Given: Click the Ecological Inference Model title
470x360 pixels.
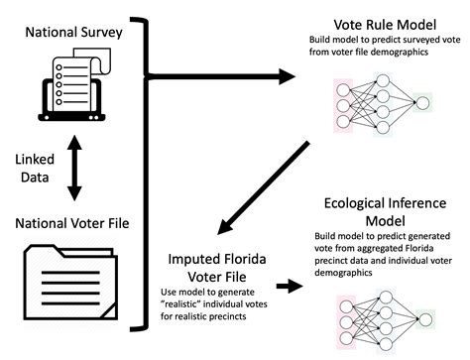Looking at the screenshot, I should (x=383, y=209).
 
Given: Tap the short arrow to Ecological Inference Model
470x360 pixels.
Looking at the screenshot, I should (x=291, y=286).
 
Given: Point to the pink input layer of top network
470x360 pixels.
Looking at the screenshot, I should (x=343, y=102).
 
